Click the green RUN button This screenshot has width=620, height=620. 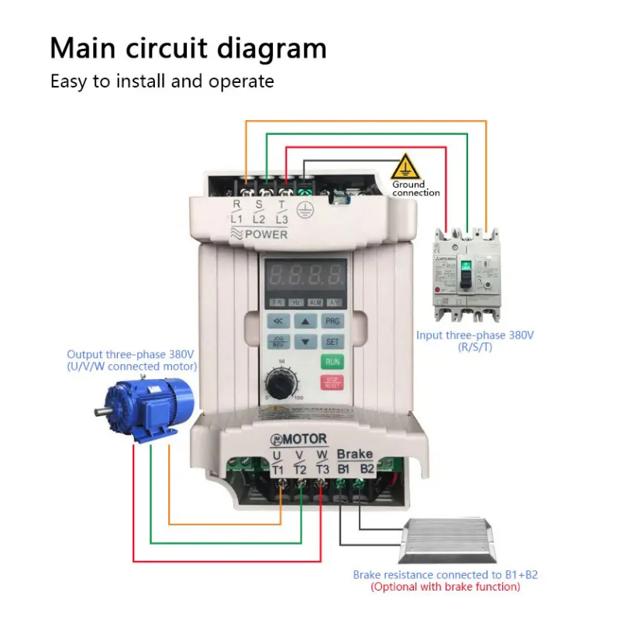332,362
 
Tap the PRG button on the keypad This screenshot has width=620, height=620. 332,321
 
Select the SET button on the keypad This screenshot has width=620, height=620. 332,341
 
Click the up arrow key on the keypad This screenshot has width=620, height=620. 305,321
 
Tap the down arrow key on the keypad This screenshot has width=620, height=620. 305,341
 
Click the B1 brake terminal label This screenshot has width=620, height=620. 345,468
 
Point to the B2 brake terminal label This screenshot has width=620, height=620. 367,468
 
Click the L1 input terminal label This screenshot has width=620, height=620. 237,219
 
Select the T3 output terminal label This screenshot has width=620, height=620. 322,468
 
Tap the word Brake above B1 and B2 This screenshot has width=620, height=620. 355,454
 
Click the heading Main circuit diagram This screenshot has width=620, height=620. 188,48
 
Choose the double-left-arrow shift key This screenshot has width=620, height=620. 278,321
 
